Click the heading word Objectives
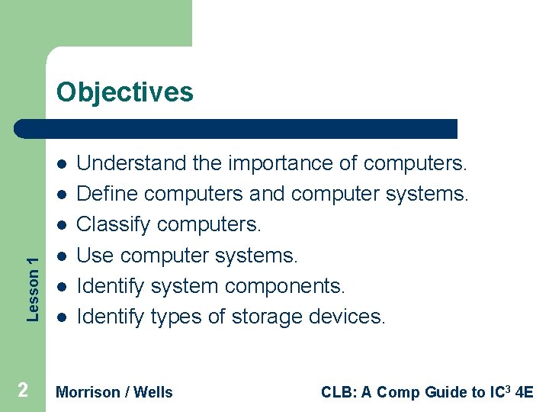[x=125, y=92]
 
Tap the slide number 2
[x=23, y=391]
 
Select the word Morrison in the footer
[x=88, y=392]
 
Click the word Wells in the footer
[x=153, y=392]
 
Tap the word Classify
[x=114, y=225]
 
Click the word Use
[x=96, y=255]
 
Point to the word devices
[x=348, y=316]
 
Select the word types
[x=173, y=316]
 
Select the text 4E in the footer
[x=525, y=392]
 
